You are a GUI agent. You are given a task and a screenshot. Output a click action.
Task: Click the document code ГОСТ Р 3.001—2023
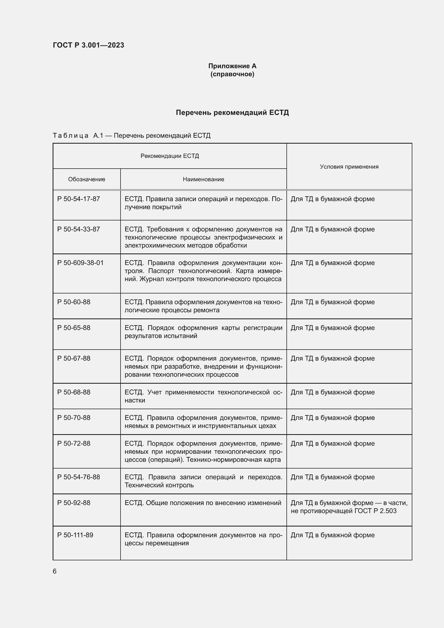[88, 45]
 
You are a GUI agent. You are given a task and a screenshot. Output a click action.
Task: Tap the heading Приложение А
[232, 66]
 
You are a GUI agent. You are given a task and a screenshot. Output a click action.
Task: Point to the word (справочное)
[232, 74]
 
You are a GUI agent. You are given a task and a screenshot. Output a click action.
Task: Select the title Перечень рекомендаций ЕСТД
[232, 113]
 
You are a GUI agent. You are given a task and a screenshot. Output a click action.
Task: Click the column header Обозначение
[86, 179]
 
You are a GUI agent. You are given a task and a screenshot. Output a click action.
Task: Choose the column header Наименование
[203, 179]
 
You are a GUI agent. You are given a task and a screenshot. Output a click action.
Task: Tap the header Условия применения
[349, 166]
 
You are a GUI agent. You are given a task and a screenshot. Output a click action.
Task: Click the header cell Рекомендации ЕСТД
[169, 156]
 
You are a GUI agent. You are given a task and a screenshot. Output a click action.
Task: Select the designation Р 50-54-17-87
[78, 199]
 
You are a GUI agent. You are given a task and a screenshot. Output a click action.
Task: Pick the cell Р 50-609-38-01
[80, 263]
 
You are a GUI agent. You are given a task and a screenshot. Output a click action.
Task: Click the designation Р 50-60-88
[74, 302]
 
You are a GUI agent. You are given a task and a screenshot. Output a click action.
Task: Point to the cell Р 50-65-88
[74, 328]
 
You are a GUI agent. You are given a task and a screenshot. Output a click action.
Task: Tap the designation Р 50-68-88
[74, 392]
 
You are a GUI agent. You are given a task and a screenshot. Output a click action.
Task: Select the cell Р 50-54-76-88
[78, 477]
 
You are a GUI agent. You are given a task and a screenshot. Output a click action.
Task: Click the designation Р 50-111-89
[75, 535]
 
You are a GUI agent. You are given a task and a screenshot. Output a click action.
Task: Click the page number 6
[55, 571]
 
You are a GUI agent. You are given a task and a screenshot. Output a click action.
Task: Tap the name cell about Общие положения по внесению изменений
[203, 503]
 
